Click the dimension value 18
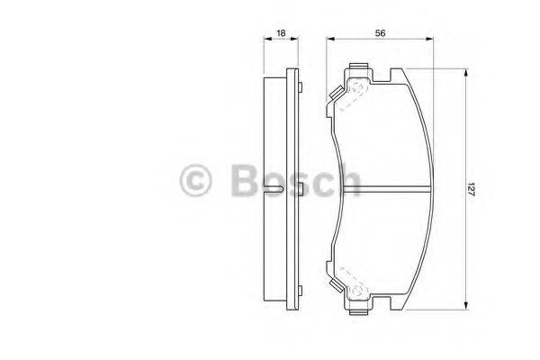[281, 32]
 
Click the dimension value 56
[382, 32]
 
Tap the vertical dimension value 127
[471, 188]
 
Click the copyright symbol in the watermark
[196, 181]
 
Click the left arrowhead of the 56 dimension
[329, 40]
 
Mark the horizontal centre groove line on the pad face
[396, 188]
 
